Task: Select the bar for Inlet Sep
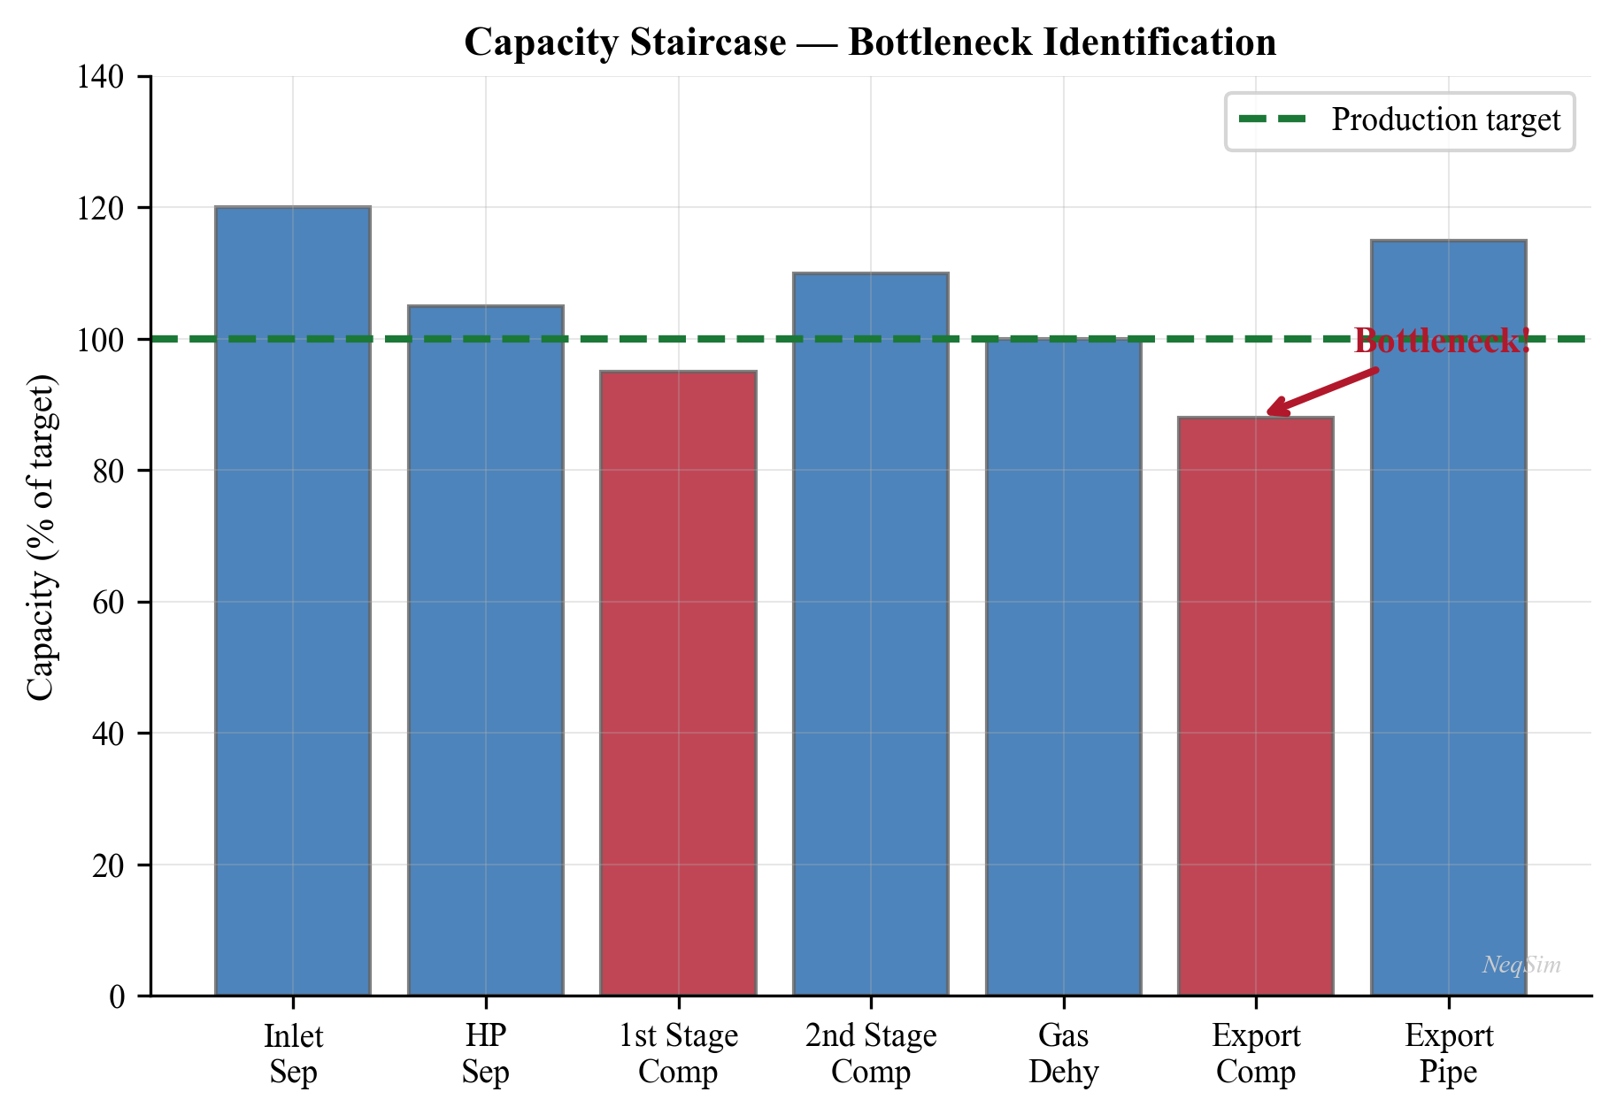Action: tap(293, 602)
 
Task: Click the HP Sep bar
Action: tap(485, 650)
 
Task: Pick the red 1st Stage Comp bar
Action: tap(678, 683)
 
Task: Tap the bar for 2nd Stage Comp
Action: tap(871, 634)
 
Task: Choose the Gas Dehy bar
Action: tap(1063, 667)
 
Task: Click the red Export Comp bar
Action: tap(1256, 706)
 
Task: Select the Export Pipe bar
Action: tap(1448, 618)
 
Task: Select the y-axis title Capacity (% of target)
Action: tap(42, 536)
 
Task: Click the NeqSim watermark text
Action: tap(1521, 965)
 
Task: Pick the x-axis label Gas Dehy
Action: tap(1063, 1053)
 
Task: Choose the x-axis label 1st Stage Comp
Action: tap(678, 1053)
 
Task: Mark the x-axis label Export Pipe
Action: tap(1448, 1053)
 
